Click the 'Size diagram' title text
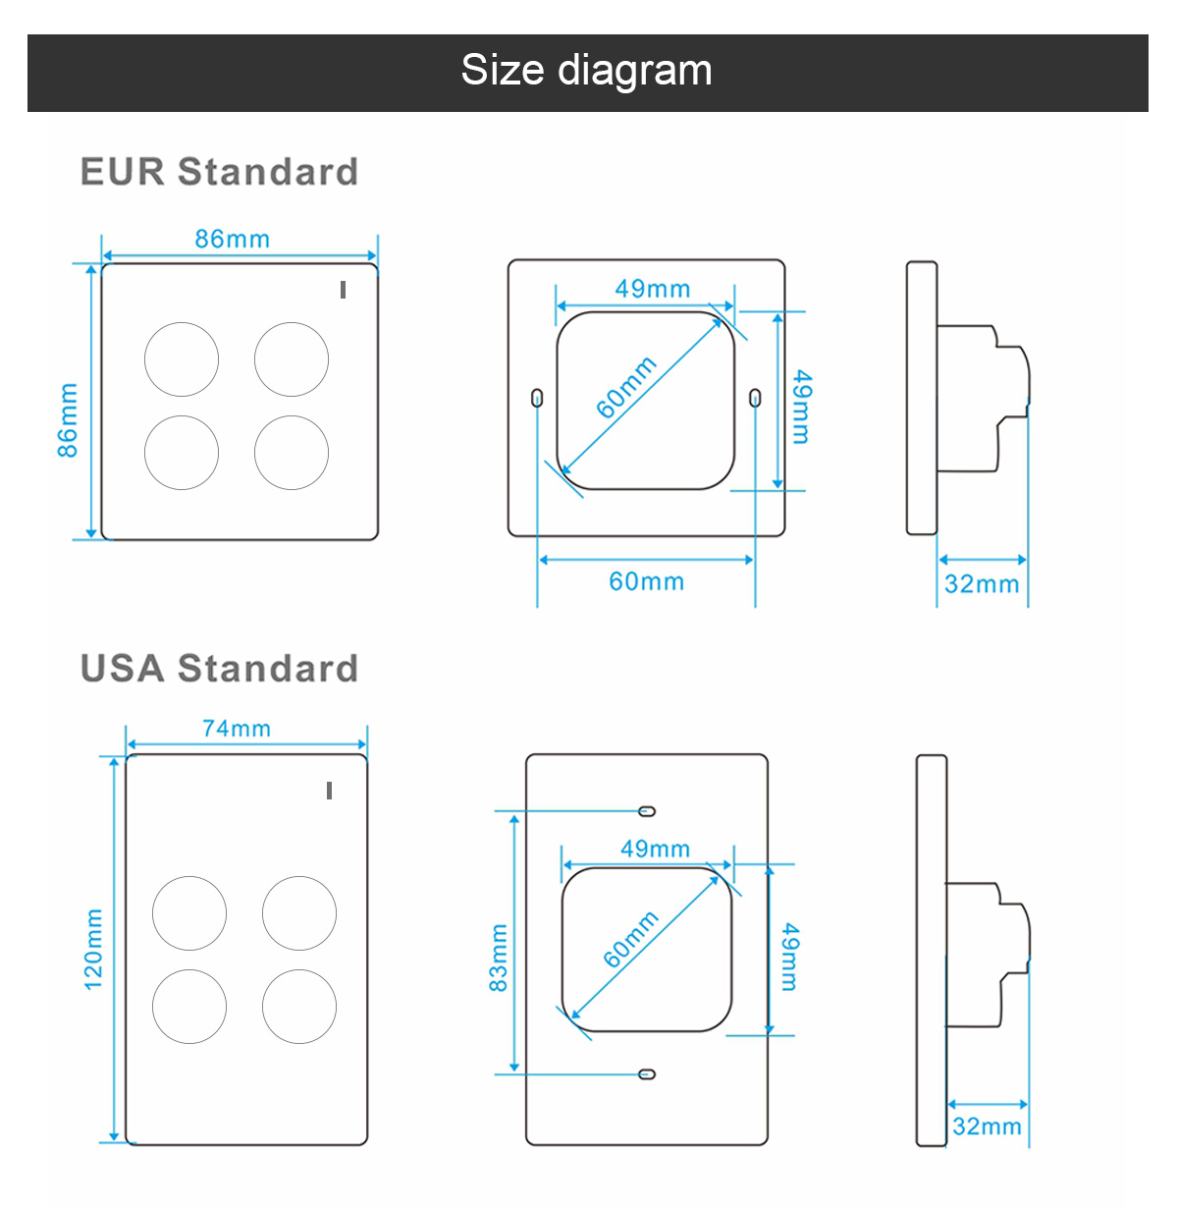[586, 70]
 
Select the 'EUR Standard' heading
[220, 171]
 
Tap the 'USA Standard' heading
[220, 668]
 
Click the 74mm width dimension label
[237, 728]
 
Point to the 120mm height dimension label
[93, 950]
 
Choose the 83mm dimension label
[499, 958]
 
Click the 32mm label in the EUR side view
[982, 583]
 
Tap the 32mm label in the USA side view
[987, 1125]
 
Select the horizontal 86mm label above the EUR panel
[233, 239]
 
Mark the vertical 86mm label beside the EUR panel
[68, 420]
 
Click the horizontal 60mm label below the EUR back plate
[647, 581]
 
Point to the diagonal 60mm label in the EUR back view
[626, 388]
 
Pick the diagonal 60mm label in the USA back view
[631, 939]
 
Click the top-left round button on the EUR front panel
[182, 359]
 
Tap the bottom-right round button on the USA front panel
[299, 1007]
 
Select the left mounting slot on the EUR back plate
[538, 398]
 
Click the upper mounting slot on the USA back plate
[647, 811]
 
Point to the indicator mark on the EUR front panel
[343, 290]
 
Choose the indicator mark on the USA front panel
[329, 791]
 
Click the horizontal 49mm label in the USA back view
[656, 849]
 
